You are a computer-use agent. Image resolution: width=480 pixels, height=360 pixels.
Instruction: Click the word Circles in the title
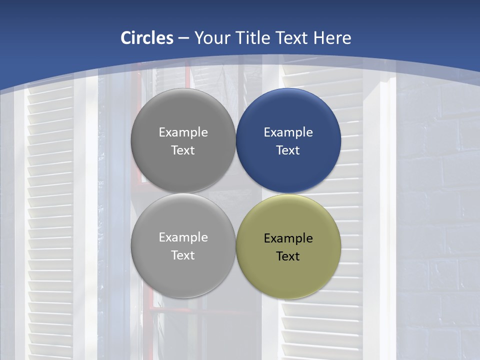(x=147, y=38)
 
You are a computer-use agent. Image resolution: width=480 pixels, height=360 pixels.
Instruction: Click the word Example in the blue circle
(x=288, y=132)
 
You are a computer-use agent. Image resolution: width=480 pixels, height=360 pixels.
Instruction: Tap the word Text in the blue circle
(x=288, y=150)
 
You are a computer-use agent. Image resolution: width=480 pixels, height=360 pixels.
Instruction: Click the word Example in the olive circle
(x=288, y=238)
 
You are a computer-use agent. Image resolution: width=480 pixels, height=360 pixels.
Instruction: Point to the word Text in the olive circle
(x=288, y=256)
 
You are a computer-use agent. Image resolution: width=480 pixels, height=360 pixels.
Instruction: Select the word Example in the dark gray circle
(x=183, y=132)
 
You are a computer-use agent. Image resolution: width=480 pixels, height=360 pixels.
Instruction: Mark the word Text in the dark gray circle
(x=183, y=150)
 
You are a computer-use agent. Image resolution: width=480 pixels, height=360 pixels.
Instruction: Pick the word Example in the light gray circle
(x=183, y=237)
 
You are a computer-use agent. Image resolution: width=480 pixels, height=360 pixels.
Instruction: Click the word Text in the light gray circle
(x=183, y=255)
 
